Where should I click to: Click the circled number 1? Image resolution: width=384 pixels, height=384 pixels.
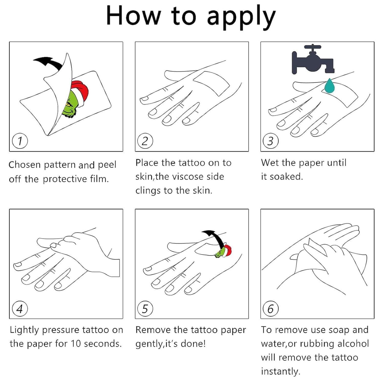click(20, 141)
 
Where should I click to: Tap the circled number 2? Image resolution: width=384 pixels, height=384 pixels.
click(145, 141)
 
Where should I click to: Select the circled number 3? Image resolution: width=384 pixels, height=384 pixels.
click(271, 141)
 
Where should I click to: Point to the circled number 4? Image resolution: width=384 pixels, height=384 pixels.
click(20, 309)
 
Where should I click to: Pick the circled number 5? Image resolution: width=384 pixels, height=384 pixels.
click(145, 309)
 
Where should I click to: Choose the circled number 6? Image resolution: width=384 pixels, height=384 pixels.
click(271, 309)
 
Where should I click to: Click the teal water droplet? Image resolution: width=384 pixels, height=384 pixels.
click(329, 86)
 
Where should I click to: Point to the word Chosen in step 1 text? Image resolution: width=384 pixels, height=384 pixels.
click(24, 165)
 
